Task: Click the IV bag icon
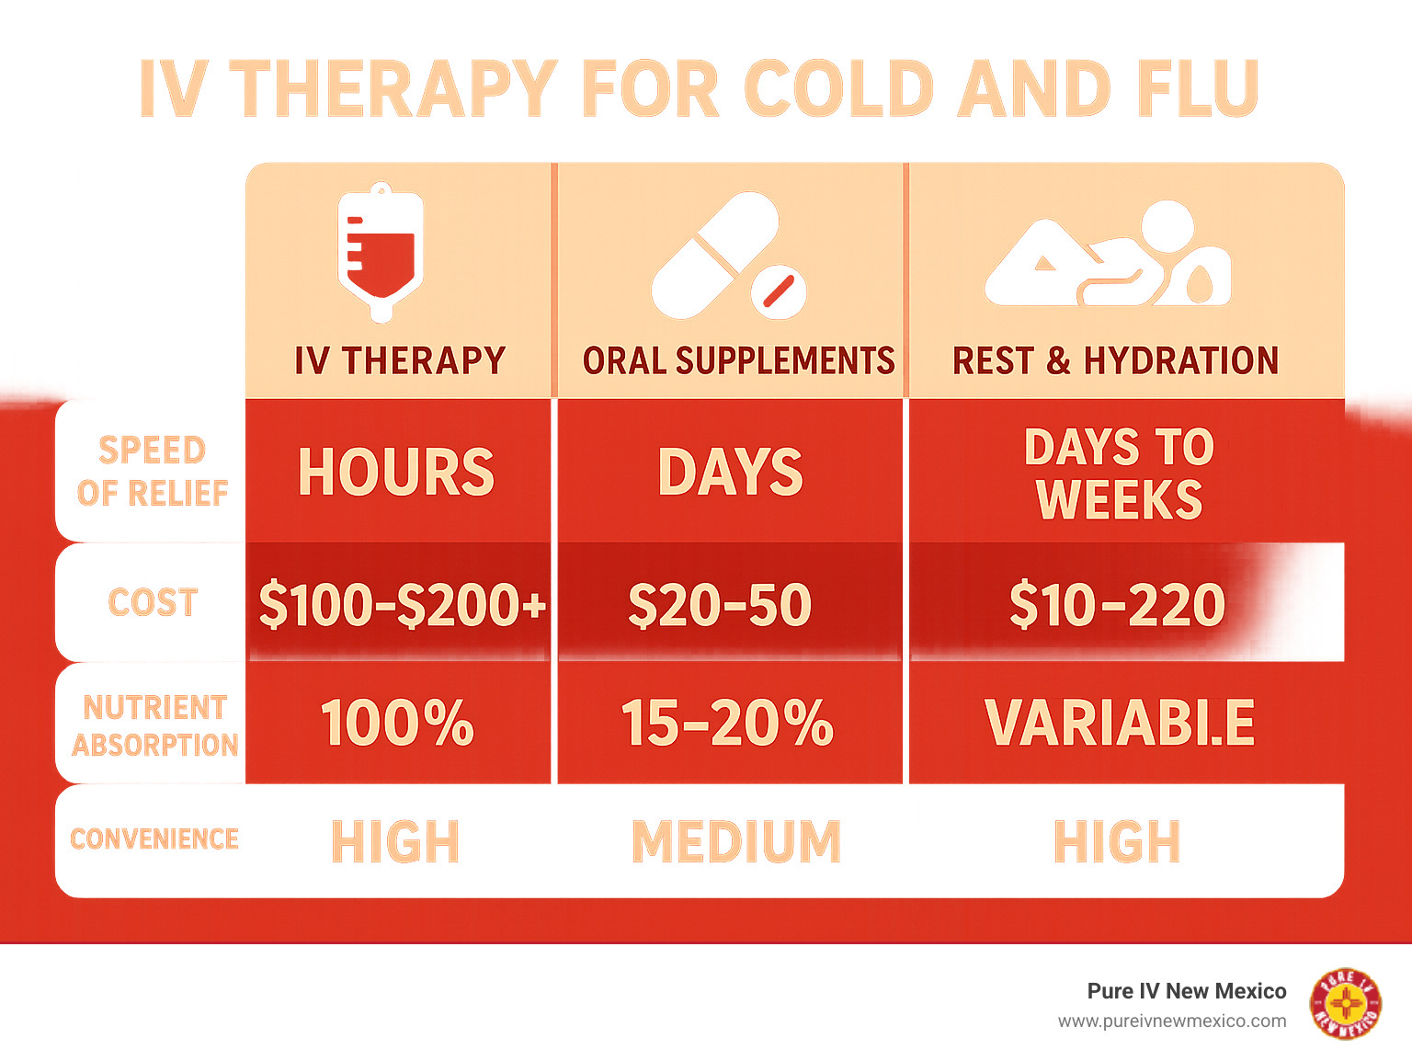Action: click(x=381, y=252)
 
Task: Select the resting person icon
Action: click(x=1108, y=253)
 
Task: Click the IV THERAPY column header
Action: click(x=400, y=360)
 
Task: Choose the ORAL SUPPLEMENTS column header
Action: click(x=738, y=360)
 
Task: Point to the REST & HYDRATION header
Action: click(x=1115, y=360)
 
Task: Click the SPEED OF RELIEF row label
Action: click(x=153, y=471)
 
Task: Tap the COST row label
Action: click(x=153, y=602)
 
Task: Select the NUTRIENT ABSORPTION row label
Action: click(x=155, y=725)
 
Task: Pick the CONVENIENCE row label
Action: click(x=154, y=839)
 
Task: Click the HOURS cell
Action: click(x=396, y=472)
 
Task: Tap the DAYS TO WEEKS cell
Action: click(x=1120, y=473)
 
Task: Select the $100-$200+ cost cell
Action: click(x=402, y=604)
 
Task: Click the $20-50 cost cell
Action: click(x=720, y=604)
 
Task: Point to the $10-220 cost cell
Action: click(x=1118, y=604)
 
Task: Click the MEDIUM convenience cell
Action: click(x=736, y=841)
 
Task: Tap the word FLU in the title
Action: click(x=1197, y=88)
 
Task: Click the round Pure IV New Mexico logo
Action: click(x=1346, y=1004)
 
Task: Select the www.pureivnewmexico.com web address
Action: click(x=1172, y=1021)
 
